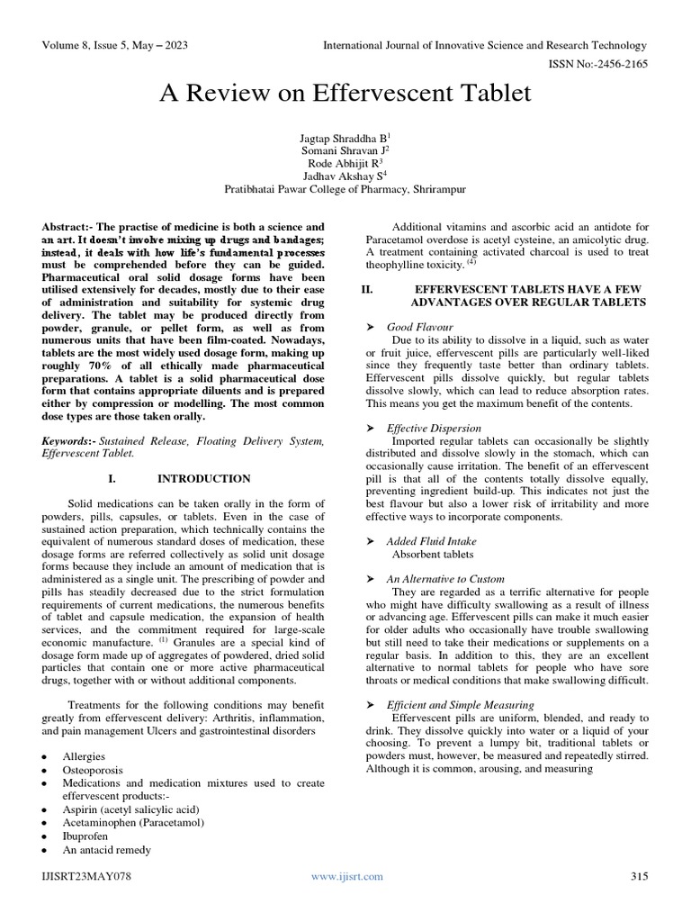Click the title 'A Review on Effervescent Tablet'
pyautogui.click(x=345, y=93)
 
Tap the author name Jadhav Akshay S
pyautogui.click(x=345, y=176)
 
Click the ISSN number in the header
pyautogui.click(x=599, y=63)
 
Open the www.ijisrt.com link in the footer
pyautogui.click(x=346, y=876)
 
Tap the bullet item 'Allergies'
pyautogui.click(x=84, y=757)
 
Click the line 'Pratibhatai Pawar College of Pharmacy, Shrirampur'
pyautogui.click(x=345, y=190)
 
